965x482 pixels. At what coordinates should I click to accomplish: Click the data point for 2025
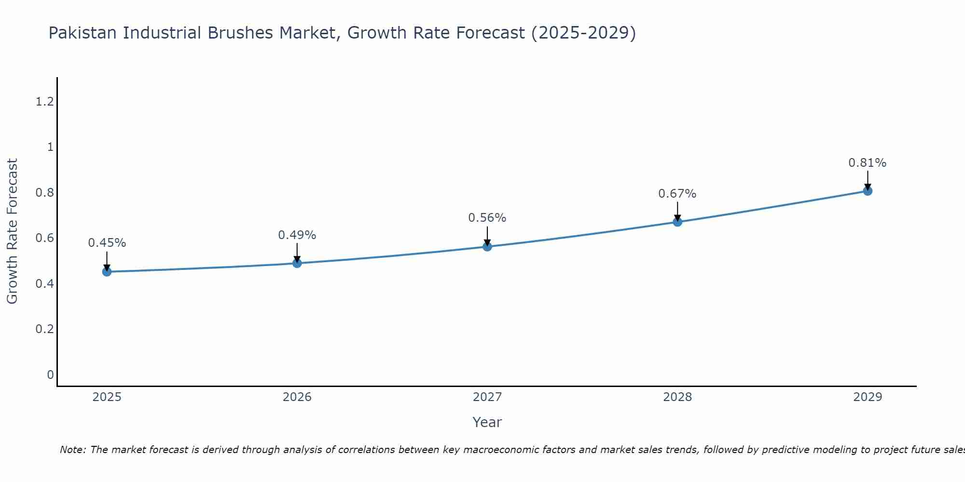point(107,272)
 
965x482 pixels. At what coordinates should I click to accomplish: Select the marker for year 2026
point(297,263)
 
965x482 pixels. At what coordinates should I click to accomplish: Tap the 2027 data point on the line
point(487,247)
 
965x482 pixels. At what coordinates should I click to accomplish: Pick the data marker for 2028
point(677,222)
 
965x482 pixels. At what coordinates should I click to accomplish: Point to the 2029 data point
point(868,191)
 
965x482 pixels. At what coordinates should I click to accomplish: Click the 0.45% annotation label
point(107,243)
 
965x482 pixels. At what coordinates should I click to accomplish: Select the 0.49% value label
point(297,235)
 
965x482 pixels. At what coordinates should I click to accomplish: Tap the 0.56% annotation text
point(487,218)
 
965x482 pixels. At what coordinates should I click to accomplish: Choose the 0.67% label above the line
point(677,194)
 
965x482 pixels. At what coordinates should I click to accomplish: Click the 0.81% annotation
point(868,163)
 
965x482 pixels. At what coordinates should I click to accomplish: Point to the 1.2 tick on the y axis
point(45,102)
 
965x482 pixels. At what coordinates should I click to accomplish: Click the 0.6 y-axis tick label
point(45,238)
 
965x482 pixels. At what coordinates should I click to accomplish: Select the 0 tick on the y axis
point(50,375)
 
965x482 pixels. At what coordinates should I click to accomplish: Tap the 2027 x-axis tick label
point(487,397)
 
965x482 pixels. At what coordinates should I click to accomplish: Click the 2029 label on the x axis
point(868,397)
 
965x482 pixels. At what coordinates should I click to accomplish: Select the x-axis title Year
point(487,422)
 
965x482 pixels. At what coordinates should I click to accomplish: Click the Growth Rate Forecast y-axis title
point(12,231)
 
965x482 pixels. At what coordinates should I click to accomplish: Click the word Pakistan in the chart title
point(83,33)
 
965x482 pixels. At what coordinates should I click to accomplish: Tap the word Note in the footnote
point(72,450)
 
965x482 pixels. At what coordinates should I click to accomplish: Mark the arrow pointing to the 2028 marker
point(677,211)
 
